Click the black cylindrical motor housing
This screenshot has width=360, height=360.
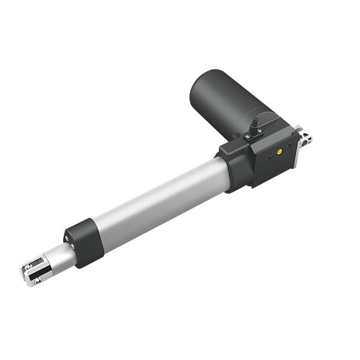click(x=221, y=100)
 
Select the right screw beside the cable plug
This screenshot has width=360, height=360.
click(x=260, y=131)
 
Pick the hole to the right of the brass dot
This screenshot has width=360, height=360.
click(x=290, y=146)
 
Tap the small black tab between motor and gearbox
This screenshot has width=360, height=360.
click(x=235, y=136)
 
